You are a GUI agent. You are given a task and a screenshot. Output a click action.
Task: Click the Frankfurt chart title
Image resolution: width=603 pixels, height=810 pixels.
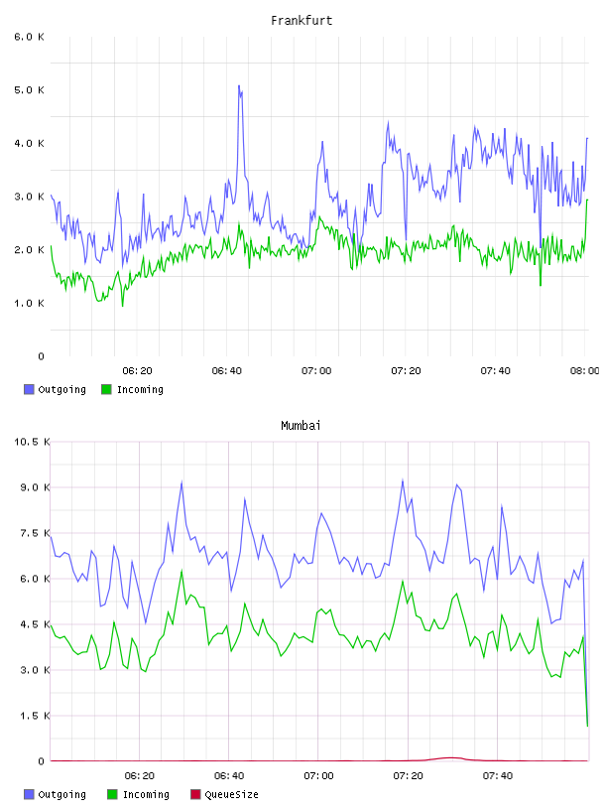pos(301,21)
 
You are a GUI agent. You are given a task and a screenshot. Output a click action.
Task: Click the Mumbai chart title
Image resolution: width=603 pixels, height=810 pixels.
pos(301,426)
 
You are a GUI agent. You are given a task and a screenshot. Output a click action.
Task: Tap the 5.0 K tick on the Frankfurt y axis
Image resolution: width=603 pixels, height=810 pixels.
pos(29,90)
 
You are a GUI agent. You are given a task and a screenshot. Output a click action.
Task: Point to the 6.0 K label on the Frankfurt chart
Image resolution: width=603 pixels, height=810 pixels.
pos(29,37)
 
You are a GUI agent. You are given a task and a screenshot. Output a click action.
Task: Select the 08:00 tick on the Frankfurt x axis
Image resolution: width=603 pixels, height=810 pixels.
pos(585,370)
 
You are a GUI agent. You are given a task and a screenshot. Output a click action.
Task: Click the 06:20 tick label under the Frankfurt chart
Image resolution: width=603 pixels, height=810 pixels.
pos(137,370)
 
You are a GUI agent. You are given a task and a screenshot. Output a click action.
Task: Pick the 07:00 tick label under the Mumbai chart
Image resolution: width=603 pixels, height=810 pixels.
pos(318,775)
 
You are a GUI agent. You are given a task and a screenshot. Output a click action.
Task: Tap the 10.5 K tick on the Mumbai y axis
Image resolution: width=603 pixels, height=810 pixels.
pos(32,442)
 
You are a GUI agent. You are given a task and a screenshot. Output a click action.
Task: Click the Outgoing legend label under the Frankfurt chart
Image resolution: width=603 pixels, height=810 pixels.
pos(61,389)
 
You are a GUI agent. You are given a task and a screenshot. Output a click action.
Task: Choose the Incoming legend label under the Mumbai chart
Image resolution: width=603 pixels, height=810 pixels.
pos(146,794)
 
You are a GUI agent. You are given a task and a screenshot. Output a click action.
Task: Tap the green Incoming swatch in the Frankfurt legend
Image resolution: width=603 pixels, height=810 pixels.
pos(106,389)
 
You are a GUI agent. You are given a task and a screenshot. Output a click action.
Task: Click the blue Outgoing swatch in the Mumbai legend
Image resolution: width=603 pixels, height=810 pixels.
pos(29,794)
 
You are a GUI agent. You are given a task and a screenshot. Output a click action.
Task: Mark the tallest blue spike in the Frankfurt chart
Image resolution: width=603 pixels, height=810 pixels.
pos(239,85)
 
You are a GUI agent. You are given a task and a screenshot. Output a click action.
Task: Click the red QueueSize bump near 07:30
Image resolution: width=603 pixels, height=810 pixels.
pos(450,757)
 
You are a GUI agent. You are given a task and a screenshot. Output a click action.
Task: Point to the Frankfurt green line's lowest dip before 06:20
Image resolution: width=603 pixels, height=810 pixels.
pos(122,306)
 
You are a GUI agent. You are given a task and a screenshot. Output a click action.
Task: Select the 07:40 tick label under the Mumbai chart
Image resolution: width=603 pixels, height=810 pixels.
pos(498,775)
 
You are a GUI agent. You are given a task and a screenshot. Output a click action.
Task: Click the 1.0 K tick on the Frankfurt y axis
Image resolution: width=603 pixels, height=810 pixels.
pos(29,303)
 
